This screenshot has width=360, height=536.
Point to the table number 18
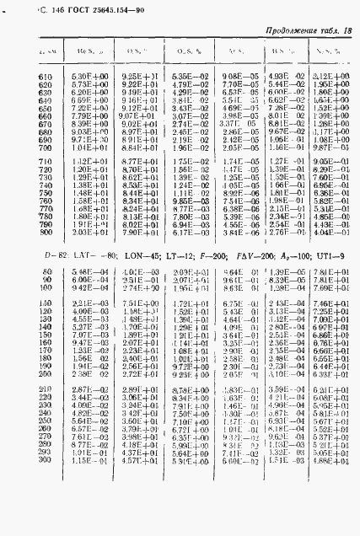click(347, 32)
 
